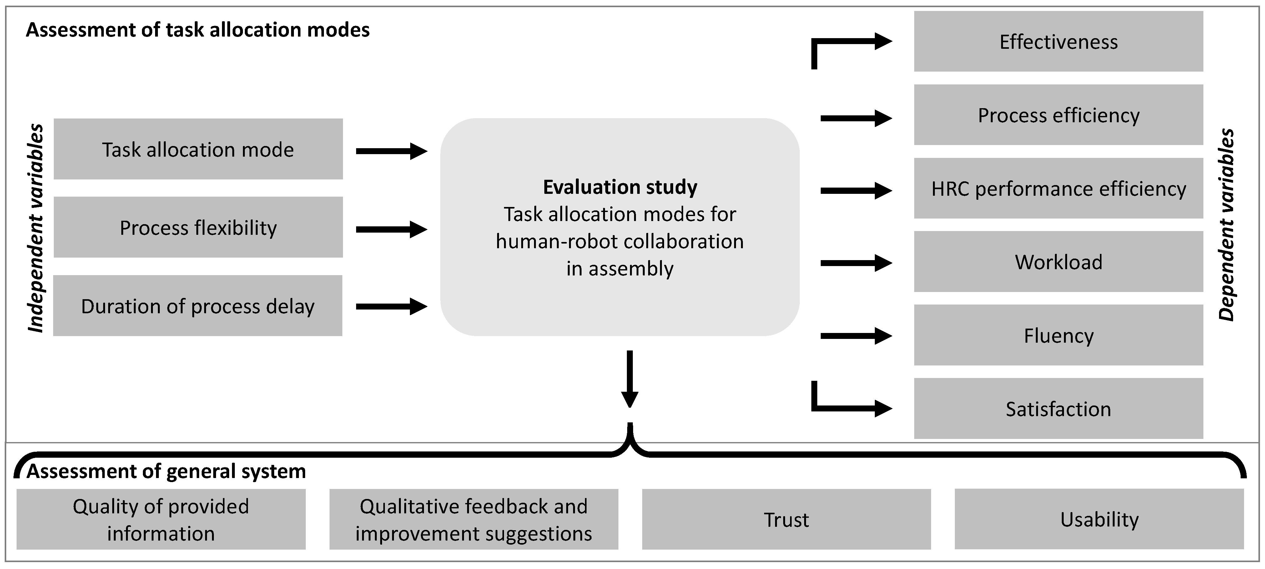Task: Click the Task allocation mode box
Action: (x=198, y=149)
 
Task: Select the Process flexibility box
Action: (x=198, y=227)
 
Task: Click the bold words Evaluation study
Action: (x=620, y=187)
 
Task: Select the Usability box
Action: (x=1099, y=519)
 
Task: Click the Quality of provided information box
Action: (x=161, y=519)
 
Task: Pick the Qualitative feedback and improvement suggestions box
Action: (x=473, y=519)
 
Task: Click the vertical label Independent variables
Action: (x=35, y=228)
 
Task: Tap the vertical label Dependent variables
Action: (x=1226, y=225)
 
